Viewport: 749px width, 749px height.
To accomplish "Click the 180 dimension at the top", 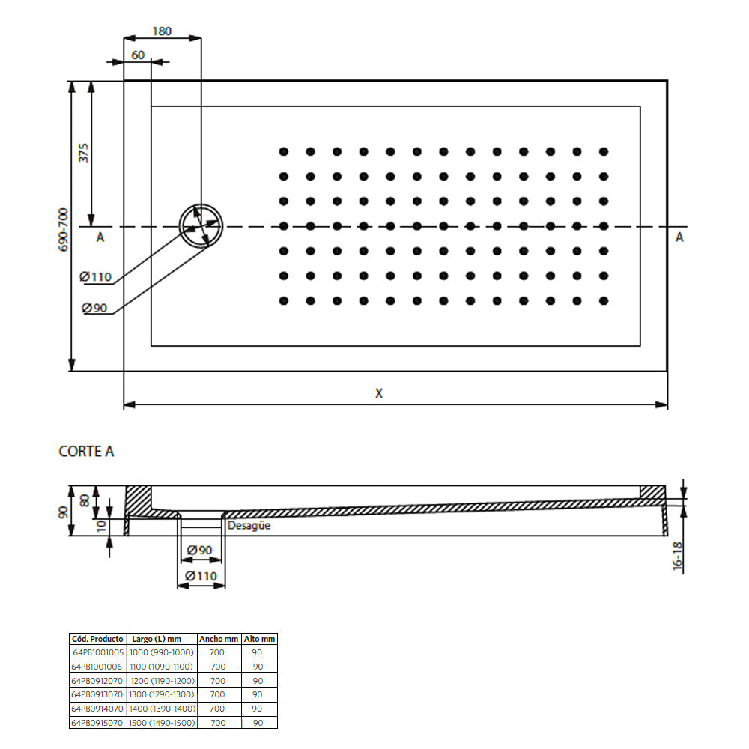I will tap(162, 31).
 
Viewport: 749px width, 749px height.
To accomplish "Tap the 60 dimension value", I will tap(138, 55).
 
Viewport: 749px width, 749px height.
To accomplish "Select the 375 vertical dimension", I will tap(84, 152).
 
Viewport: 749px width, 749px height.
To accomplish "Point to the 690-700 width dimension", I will tap(64, 229).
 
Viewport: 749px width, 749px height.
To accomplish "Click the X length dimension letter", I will tap(379, 393).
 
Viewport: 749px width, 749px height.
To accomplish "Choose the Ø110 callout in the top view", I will tap(96, 277).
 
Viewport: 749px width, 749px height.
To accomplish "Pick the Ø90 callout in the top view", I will tap(95, 308).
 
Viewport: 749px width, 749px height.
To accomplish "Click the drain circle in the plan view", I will tap(201, 225).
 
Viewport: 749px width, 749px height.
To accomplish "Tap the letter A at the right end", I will tap(679, 237).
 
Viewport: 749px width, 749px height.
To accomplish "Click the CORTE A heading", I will tap(86, 451).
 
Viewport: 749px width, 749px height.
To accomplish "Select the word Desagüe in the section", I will tap(249, 526).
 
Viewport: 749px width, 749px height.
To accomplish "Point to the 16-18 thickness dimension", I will tap(678, 556).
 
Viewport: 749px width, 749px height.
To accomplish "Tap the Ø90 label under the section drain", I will tap(199, 551).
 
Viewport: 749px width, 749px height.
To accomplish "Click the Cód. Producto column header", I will tap(97, 639).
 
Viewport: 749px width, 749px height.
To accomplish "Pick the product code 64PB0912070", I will tap(97, 681).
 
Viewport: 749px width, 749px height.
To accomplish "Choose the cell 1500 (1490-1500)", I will tap(162, 723).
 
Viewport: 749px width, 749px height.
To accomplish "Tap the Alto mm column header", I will tap(259, 639).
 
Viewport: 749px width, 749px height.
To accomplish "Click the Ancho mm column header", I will tap(218, 639).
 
